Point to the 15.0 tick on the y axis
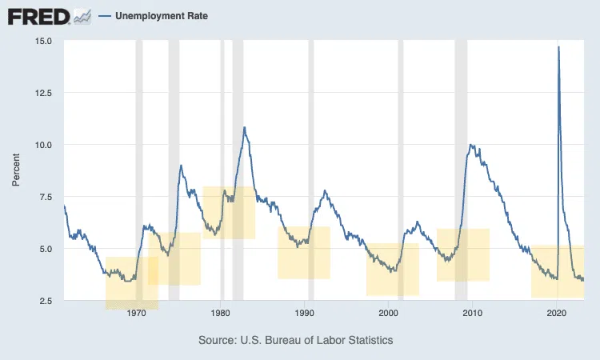tap(45, 41)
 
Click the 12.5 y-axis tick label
tap(45, 93)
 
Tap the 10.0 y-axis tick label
tap(45, 145)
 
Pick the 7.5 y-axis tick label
tap(47, 197)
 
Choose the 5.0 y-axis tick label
tap(47, 249)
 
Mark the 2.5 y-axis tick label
tap(47, 301)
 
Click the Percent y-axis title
tap(16, 170)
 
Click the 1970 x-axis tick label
tap(136, 313)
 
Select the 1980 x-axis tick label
tap(221, 313)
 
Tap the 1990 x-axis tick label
tap(305, 313)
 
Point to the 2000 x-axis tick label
tap(389, 313)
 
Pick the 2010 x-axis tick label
tap(473, 313)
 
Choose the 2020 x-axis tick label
tap(557, 313)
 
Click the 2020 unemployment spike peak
tap(558, 47)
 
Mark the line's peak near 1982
tap(244, 127)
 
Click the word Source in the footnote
tap(218, 341)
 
